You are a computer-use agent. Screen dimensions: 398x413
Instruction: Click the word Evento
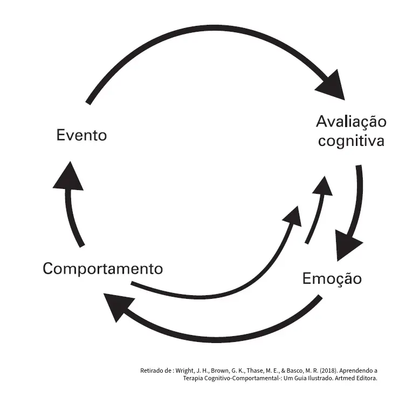81,135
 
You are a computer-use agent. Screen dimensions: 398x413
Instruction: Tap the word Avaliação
351,121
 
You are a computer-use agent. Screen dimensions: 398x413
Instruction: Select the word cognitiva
351,141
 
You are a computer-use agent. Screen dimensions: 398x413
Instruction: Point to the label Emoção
332,279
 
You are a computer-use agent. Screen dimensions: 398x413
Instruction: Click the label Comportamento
102,268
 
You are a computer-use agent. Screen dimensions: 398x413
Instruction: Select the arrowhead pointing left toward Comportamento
116,305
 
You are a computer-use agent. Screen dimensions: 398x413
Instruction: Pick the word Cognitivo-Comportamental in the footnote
237,379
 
